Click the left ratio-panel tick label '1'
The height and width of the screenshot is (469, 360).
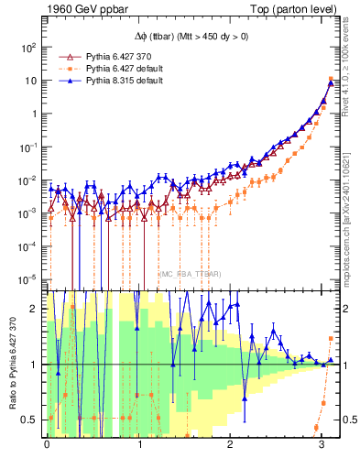coord(36,365)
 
